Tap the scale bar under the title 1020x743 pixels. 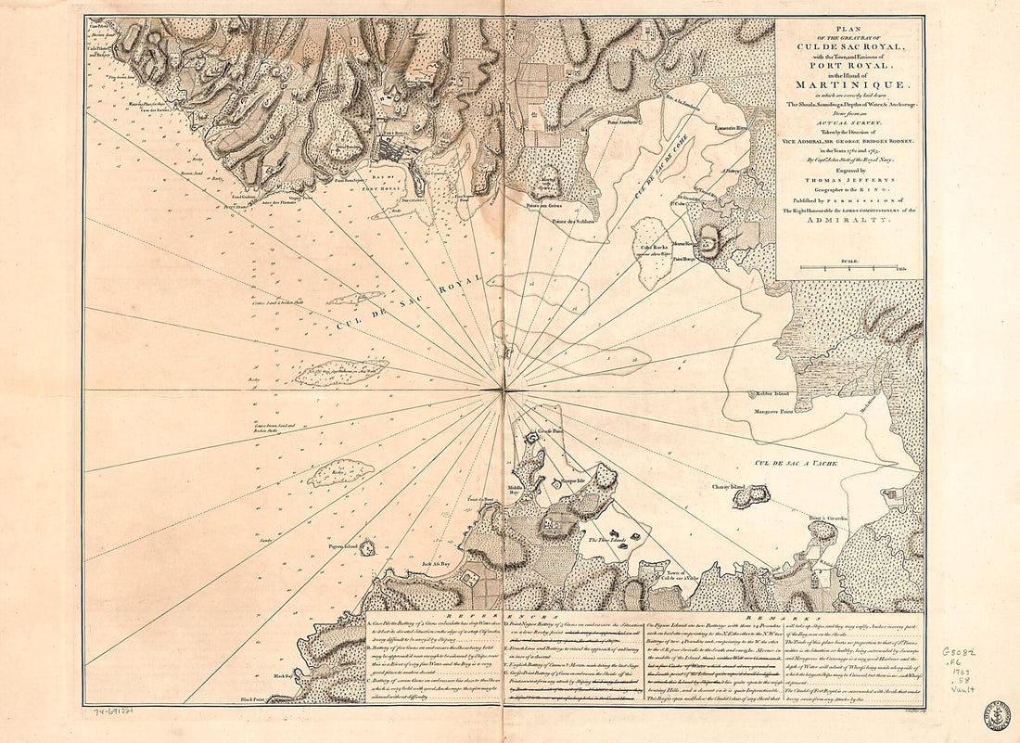[848, 269]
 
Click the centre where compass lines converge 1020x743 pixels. [503, 393]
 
